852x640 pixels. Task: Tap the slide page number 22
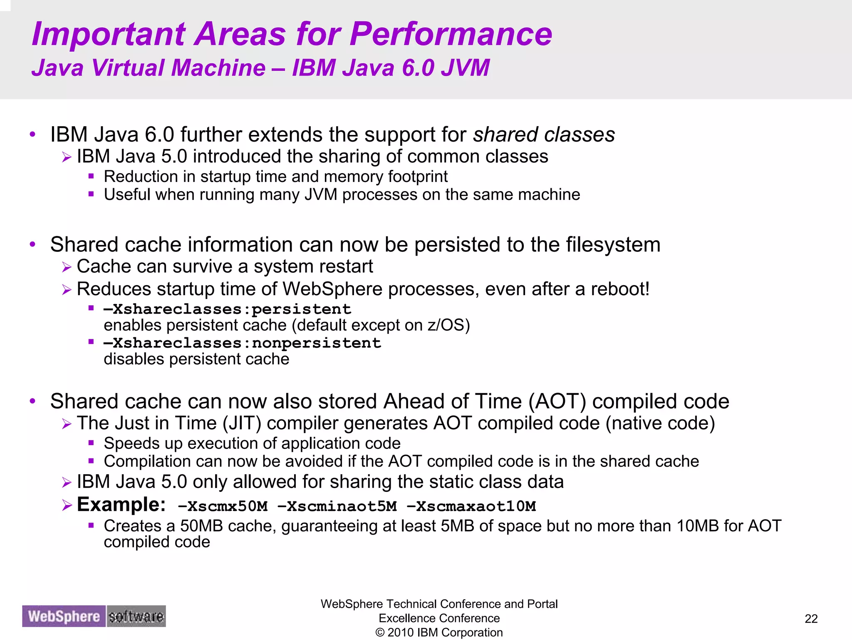pyautogui.click(x=811, y=619)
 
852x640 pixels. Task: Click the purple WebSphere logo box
pyautogui.click(x=64, y=616)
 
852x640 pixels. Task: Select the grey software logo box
pyautogui.click(x=136, y=616)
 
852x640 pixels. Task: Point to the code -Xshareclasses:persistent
pyautogui.click(x=227, y=309)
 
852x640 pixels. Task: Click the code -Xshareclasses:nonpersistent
pyautogui.click(x=242, y=343)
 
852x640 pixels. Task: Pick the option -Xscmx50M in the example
pyautogui.click(x=223, y=506)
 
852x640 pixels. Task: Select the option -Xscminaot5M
pyautogui.click(x=337, y=506)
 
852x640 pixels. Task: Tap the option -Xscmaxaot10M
pyautogui.click(x=471, y=506)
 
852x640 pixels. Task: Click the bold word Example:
pyautogui.click(x=121, y=505)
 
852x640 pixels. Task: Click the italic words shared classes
pyautogui.click(x=544, y=135)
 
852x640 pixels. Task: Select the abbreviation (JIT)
pyautogui.click(x=242, y=423)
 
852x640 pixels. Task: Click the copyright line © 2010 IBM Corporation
pyautogui.click(x=439, y=633)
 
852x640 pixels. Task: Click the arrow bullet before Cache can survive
pyautogui.click(x=67, y=267)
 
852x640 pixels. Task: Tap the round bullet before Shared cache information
pyautogui.click(x=33, y=244)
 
